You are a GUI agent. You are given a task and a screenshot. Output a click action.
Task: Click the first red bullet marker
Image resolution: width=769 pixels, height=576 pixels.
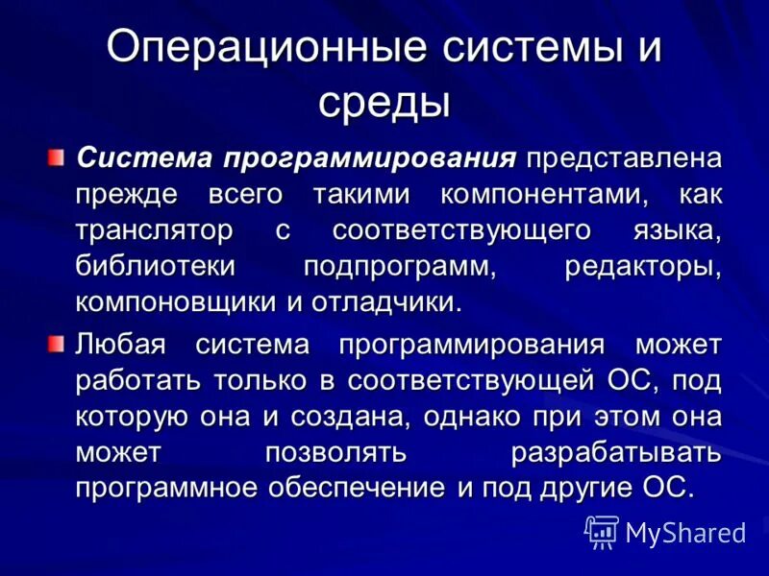(x=58, y=155)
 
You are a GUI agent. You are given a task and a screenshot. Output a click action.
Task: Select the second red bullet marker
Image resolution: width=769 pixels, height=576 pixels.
(x=58, y=342)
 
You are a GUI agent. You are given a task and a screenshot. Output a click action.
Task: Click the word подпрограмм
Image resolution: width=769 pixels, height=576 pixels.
(x=399, y=267)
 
